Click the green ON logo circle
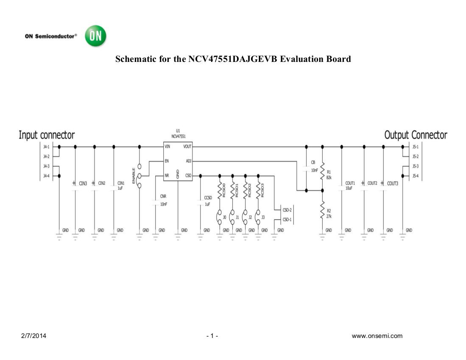(x=95, y=36)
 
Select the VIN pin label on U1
(x=167, y=147)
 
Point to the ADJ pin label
(x=188, y=161)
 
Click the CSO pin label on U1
(x=188, y=175)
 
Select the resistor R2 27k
(x=322, y=210)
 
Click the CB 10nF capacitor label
(x=313, y=162)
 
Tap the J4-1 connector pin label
(x=46, y=147)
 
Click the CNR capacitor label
(x=163, y=196)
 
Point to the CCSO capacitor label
(x=208, y=198)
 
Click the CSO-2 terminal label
(x=287, y=210)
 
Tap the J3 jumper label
(x=263, y=218)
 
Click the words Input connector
(x=47, y=135)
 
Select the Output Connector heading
(x=415, y=135)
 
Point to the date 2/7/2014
(x=34, y=336)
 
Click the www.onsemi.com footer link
(x=377, y=336)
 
